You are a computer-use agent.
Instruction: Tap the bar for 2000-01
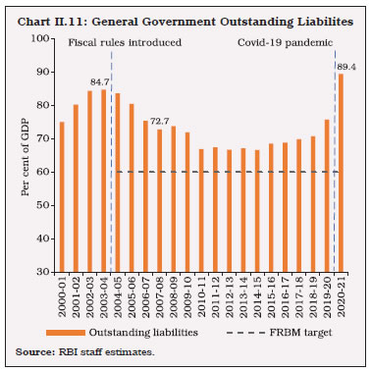(x=62, y=196)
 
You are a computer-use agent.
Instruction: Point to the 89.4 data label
(x=345, y=66)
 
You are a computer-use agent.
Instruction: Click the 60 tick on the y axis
(x=42, y=172)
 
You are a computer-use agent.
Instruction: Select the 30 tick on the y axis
(x=42, y=272)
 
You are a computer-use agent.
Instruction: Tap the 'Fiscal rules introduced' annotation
(x=109, y=43)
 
